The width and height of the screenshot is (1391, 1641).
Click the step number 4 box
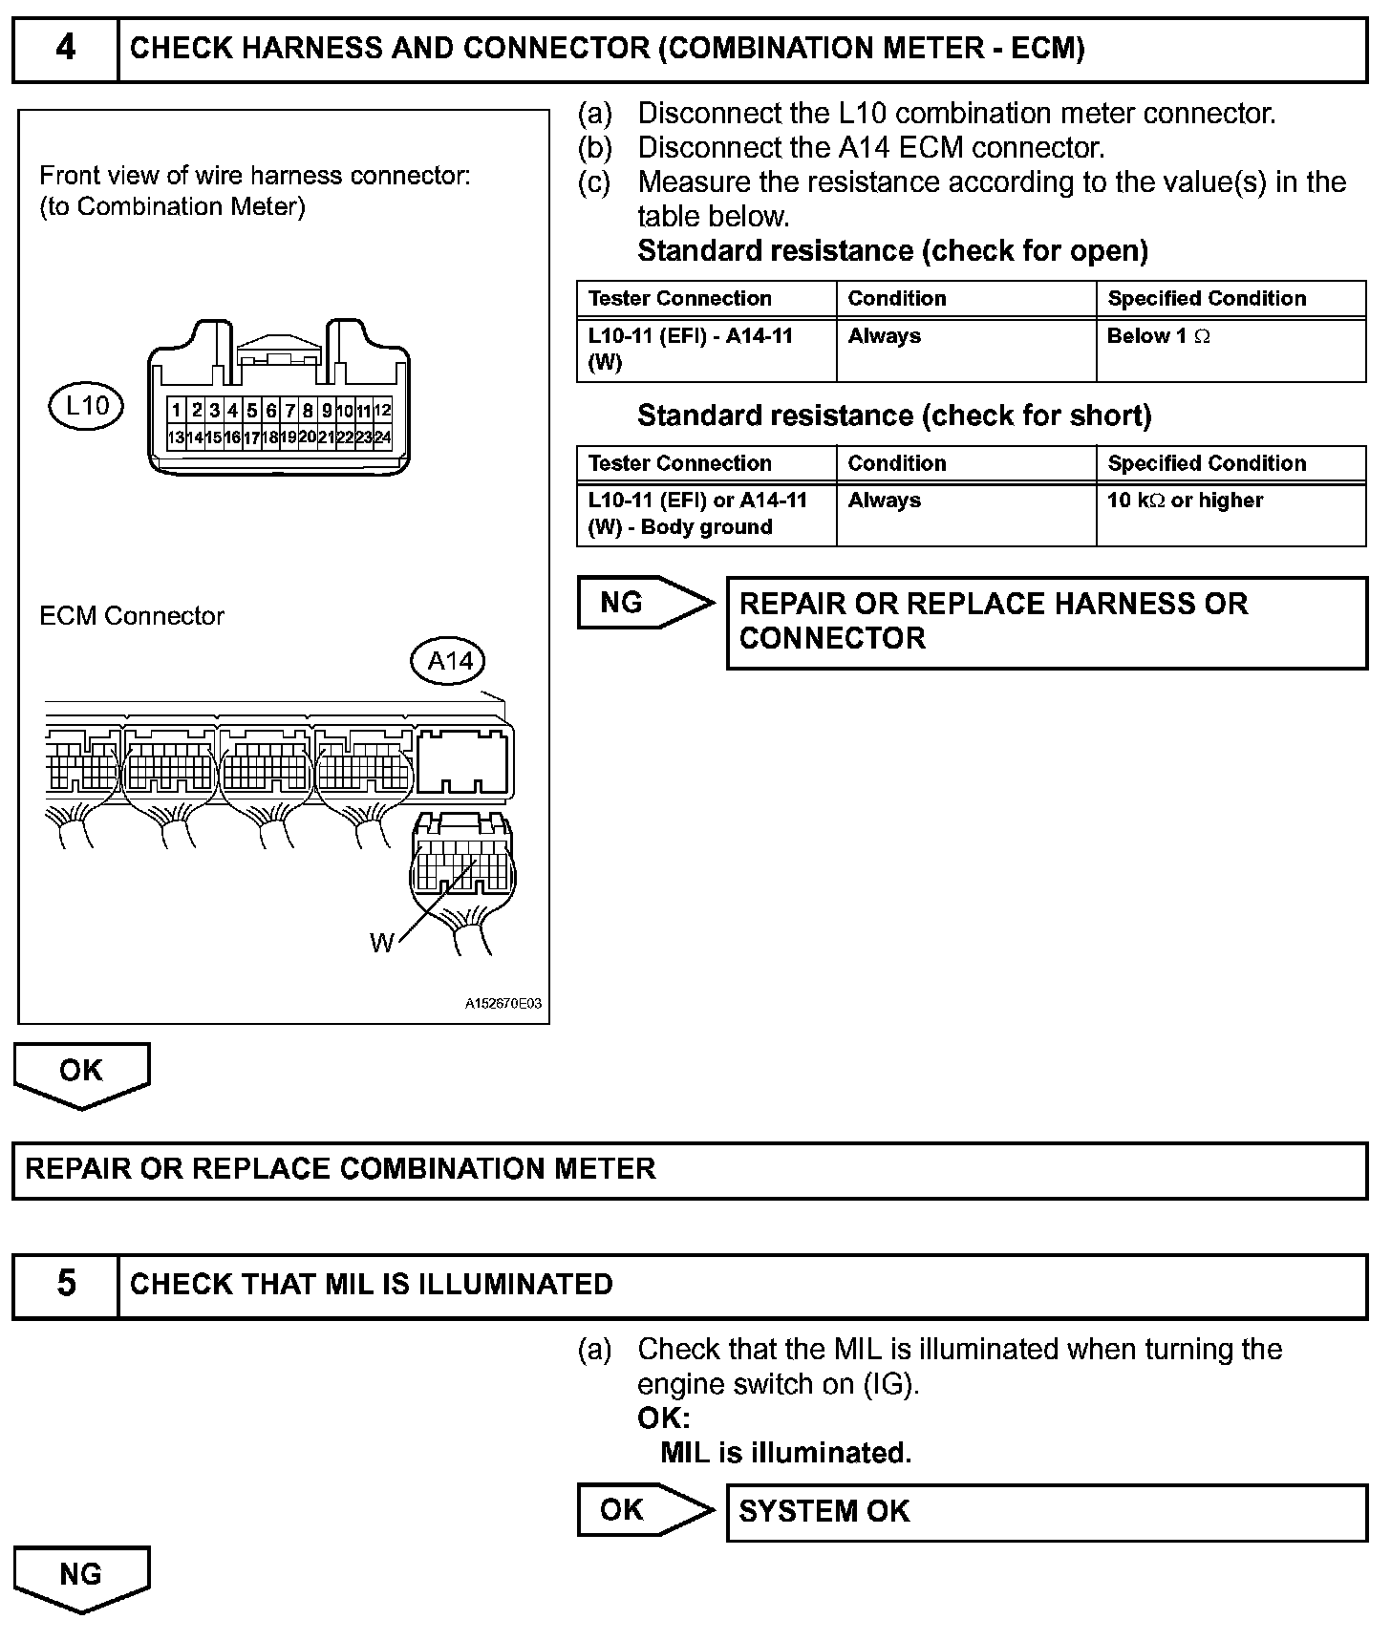coord(65,49)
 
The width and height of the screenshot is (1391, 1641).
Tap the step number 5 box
coord(65,1285)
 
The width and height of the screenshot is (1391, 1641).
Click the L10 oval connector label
coord(86,406)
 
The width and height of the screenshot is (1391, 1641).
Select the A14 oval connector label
coord(449,661)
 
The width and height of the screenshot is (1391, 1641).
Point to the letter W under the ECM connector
coord(381,944)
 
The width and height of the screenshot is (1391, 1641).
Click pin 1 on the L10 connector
coord(177,411)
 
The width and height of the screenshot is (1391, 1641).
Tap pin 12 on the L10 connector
coord(382,411)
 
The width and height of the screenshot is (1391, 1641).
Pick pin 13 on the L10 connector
coord(176,437)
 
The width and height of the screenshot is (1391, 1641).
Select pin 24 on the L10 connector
coord(382,437)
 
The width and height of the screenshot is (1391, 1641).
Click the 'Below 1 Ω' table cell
coord(1230,350)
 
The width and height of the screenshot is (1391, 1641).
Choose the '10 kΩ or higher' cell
coord(1230,514)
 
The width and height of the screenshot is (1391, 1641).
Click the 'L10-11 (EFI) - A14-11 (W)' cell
coord(705,350)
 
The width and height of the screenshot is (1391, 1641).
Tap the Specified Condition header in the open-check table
coord(1230,299)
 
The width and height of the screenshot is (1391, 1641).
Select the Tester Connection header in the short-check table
coord(705,463)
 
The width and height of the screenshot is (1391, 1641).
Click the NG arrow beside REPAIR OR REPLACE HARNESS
coord(644,603)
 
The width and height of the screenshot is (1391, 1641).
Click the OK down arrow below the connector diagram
coord(81,1073)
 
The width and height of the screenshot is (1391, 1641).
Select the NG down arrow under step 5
coord(81,1577)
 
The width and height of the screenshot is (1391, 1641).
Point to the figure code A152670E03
coord(503,1004)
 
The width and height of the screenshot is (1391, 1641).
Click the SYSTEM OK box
coord(1046,1512)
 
